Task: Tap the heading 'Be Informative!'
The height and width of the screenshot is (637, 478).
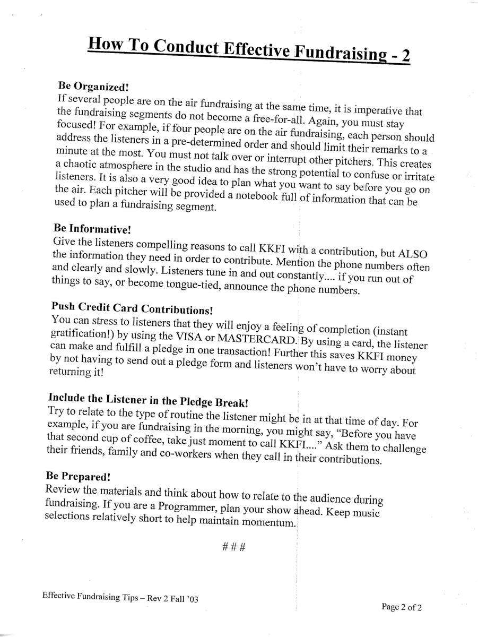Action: (92, 229)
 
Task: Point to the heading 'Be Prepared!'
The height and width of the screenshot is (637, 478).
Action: (77, 476)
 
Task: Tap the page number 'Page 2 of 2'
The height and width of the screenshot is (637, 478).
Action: (402, 608)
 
